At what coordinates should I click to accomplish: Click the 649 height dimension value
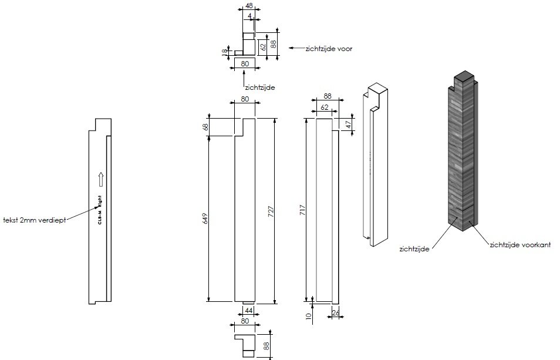205,218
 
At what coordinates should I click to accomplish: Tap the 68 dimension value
205,127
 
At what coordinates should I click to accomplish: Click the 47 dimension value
348,125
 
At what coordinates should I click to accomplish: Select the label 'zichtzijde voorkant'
519,245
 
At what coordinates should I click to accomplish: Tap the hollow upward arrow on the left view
100,179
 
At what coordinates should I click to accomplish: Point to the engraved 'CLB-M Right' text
100,210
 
